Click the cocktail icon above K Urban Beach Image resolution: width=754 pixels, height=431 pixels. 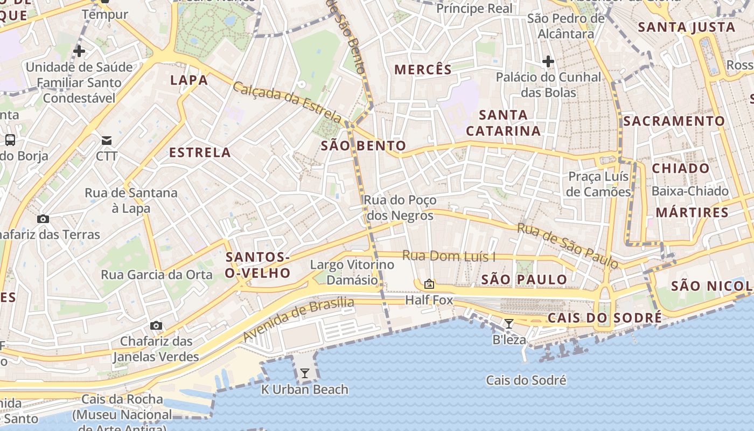click(x=305, y=373)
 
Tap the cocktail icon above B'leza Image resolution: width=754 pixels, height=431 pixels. click(x=508, y=323)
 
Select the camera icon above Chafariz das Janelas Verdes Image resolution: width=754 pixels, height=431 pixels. click(x=156, y=325)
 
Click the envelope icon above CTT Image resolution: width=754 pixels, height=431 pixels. click(x=107, y=141)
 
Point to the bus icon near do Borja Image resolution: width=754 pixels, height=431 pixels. click(x=10, y=140)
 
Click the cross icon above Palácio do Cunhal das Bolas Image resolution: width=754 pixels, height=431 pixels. click(x=548, y=61)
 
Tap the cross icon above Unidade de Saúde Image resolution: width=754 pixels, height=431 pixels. click(x=79, y=51)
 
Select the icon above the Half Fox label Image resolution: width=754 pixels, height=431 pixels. click(x=429, y=283)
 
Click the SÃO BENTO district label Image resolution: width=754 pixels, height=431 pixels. click(x=364, y=146)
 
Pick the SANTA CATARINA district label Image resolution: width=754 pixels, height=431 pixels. click(x=503, y=123)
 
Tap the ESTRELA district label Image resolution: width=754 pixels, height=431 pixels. click(x=200, y=152)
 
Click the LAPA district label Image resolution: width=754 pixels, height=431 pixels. click(x=188, y=80)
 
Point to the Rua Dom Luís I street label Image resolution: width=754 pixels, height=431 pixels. click(x=449, y=256)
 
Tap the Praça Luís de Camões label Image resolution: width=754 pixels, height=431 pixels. click(x=598, y=184)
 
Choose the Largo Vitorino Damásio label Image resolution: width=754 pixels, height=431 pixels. click(x=352, y=272)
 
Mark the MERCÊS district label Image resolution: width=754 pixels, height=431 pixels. click(x=423, y=69)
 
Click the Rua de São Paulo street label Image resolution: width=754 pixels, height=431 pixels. click(x=568, y=246)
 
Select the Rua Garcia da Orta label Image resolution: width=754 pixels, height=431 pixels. click(x=157, y=275)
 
